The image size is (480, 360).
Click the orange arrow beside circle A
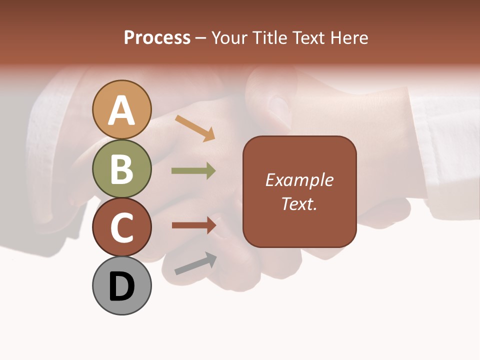[x=195, y=127]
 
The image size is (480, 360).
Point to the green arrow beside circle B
[x=193, y=171]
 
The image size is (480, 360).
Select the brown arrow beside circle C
[x=194, y=225]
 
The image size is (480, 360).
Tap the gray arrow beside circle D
[x=195, y=263]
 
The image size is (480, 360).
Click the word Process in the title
[x=157, y=38]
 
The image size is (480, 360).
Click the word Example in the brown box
[x=299, y=180]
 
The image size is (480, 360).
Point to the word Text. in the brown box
[x=299, y=203]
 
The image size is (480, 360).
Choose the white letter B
[x=122, y=169]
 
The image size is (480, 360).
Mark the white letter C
[x=122, y=227]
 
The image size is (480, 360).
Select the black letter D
[x=122, y=286]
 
